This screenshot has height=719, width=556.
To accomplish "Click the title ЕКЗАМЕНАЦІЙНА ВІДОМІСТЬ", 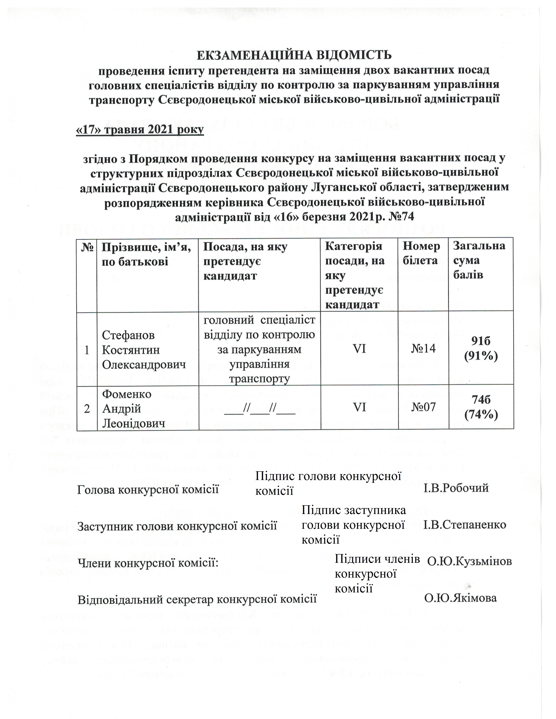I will [294, 55].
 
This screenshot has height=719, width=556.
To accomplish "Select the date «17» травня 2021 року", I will [140, 129].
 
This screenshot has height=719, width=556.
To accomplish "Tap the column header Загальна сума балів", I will [479, 260].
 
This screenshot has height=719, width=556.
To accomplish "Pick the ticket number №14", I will [423, 348].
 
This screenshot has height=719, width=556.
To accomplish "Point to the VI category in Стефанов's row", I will [359, 348].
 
